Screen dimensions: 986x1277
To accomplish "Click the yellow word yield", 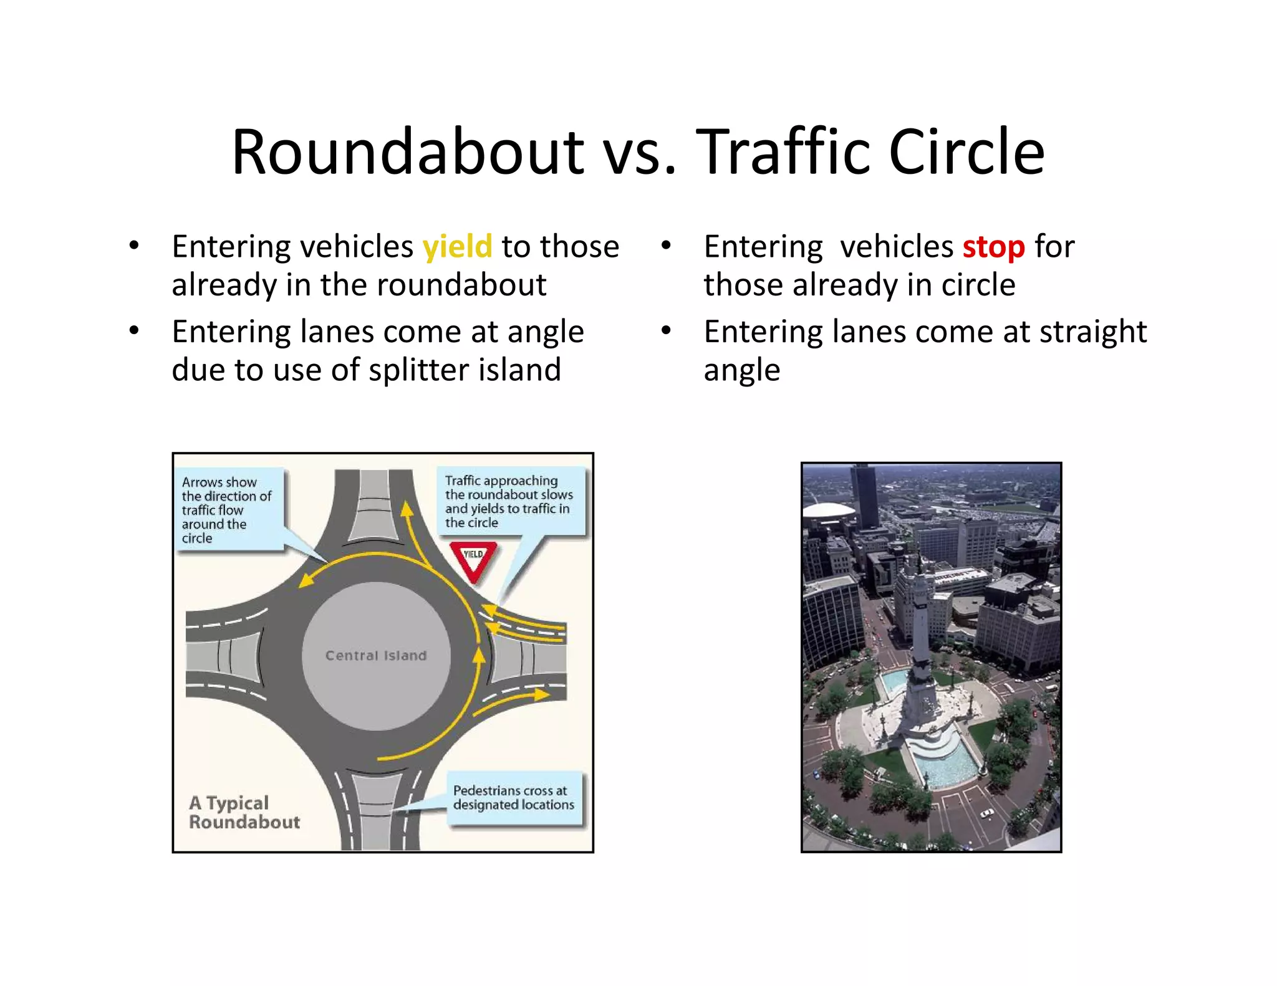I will (457, 247).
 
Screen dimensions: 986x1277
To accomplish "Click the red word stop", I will (993, 247).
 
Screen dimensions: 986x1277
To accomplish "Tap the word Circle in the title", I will (966, 152).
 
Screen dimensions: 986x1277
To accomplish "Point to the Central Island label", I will (376, 656).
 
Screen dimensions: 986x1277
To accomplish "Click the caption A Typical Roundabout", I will (244, 812).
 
